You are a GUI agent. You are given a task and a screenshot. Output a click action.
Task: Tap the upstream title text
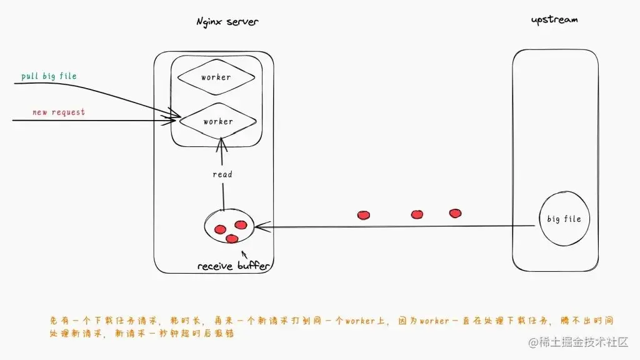pos(554,19)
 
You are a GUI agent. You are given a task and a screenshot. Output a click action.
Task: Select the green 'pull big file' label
pos(49,76)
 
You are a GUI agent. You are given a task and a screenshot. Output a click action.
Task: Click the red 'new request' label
pos(59,112)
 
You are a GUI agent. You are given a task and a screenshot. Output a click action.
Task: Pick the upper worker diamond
pos(216,77)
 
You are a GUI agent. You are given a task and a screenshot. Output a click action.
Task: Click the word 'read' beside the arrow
pos(222,174)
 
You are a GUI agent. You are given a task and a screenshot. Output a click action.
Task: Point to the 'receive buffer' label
pos(234,266)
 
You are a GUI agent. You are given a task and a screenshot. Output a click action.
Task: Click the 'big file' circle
pos(564,219)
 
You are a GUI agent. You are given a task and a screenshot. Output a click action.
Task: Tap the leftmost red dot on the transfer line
pos(363,215)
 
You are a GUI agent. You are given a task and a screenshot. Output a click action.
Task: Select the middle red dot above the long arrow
pos(417,214)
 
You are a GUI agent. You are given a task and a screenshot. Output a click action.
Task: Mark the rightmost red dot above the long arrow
pos(456,213)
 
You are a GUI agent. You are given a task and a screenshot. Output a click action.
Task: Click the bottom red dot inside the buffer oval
pos(232,238)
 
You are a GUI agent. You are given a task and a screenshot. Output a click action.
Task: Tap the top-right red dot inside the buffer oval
pos(241,224)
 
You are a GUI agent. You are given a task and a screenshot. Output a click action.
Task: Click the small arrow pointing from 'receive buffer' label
pos(244,255)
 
